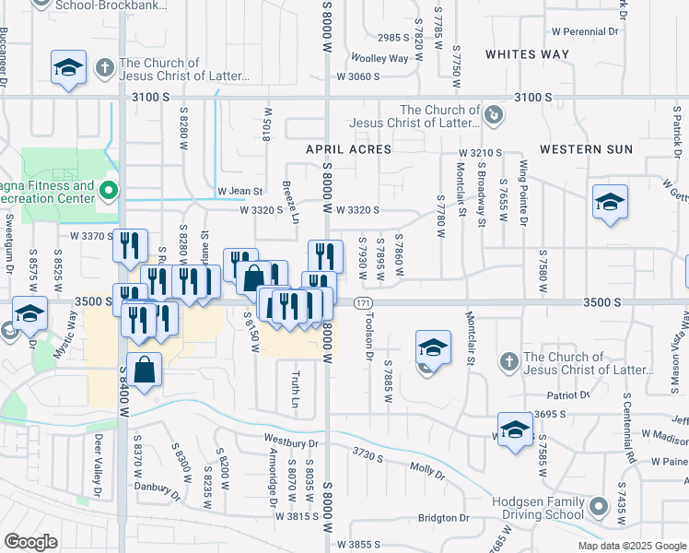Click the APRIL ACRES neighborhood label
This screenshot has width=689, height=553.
[x=349, y=149]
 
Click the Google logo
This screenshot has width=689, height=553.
[x=30, y=542]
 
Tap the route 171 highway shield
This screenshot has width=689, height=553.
[x=366, y=302]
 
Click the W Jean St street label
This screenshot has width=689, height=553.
[x=240, y=192]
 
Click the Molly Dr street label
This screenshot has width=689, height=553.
[x=426, y=473]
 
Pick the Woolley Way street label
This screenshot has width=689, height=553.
[x=385, y=58]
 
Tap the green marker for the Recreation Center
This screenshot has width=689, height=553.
[x=109, y=192]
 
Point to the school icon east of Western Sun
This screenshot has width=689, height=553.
[x=609, y=202]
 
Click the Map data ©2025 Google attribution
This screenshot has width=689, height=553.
[x=631, y=546]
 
